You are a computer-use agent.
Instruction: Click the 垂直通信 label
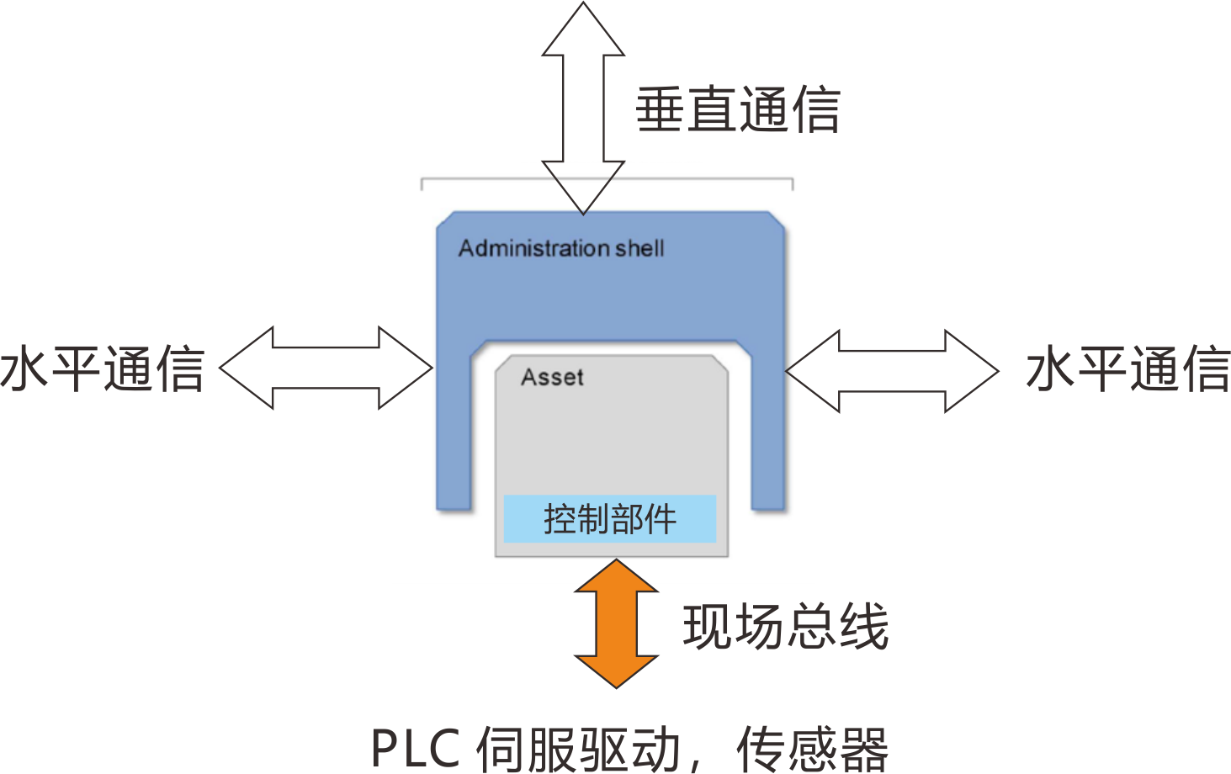(738, 110)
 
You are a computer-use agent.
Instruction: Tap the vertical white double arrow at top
(583, 108)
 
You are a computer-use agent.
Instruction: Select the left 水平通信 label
(103, 368)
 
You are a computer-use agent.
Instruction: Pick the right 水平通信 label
(1128, 368)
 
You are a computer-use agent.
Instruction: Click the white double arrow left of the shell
(326, 368)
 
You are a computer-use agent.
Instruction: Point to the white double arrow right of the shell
(893, 370)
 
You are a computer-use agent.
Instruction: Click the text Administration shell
(561, 248)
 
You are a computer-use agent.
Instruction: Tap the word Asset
(552, 377)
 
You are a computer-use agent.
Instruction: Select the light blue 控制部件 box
(610, 518)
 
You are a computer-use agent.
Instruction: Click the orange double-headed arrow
(617, 624)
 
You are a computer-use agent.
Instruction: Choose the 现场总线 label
(786, 626)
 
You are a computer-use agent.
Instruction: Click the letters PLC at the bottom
(416, 748)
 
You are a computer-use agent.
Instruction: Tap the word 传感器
(812, 748)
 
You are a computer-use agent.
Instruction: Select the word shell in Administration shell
(639, 248)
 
